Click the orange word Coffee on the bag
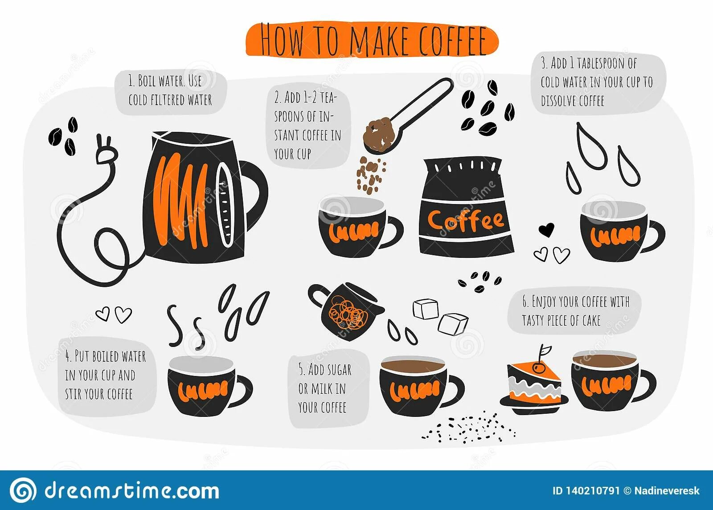(465, 220)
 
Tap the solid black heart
(546, 229)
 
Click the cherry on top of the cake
(538, 368)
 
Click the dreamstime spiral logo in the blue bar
(23, 490)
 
